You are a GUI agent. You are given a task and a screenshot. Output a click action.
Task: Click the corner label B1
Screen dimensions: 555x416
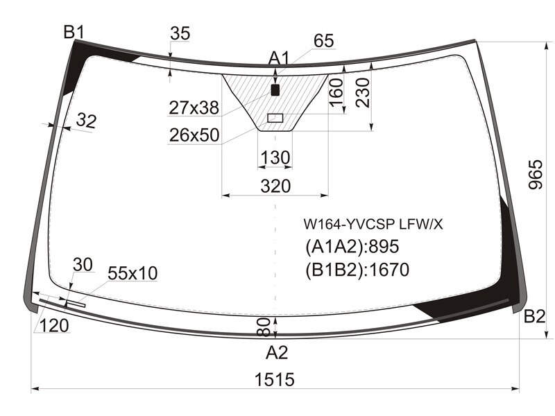click(x=74, y=33)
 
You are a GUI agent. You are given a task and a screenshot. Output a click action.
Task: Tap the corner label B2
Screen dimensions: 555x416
click(x=534, y=316)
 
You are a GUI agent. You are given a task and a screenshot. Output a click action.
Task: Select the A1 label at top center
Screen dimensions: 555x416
click(x=279, y=58)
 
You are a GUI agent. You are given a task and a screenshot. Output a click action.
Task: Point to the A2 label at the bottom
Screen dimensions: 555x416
click(x=277, y=352)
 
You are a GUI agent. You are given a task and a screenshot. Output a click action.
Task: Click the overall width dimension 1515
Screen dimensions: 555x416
click(x=275, y=379)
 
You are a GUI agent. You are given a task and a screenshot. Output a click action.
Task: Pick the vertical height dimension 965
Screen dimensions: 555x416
click(x=535, y=175)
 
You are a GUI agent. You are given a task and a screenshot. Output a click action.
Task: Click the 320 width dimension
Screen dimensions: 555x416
click(x=275, y=186)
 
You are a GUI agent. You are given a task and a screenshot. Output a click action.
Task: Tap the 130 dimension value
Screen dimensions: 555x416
click(x=275, y=157)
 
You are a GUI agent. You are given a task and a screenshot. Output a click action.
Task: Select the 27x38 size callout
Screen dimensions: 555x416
click(x=194, y=107)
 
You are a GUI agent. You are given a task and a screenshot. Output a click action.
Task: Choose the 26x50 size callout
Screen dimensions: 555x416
click(x=194, y=135)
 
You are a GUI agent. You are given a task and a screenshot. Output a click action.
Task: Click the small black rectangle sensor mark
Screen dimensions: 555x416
click(x=275, y=90)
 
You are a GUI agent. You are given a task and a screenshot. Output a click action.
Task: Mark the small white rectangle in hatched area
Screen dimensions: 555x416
click(x=275, y=118)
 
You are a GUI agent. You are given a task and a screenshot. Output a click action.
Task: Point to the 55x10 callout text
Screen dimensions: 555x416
click(x=133, y=273)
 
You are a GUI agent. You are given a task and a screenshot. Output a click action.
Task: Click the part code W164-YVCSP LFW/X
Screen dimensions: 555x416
click(x=373, y=224)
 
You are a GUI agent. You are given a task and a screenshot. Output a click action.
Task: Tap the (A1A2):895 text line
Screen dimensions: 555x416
click(x=352, y=246)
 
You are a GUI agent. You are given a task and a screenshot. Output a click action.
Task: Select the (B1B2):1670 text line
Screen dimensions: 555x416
click(x=357, y=270)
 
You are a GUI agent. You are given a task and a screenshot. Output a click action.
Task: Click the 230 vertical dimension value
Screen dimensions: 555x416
click(x=364, y=92)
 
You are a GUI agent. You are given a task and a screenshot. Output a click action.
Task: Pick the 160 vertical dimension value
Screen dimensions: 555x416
click(x=336, y=92)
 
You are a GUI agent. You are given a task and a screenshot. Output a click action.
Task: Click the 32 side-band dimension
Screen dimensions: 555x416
click(x=86, y=121)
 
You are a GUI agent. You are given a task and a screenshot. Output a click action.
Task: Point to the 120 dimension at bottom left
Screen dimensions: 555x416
click(x=54, y=325)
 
